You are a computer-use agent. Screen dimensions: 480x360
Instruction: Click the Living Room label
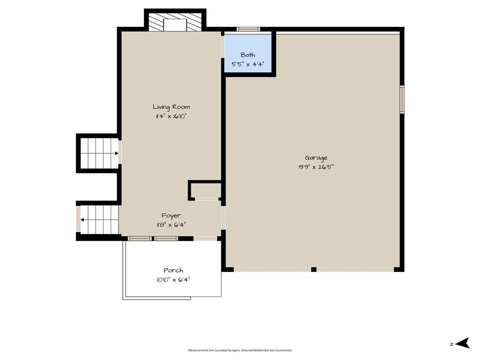click(x=172, y=107)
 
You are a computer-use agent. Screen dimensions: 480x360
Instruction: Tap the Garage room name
click(x=316, y=157)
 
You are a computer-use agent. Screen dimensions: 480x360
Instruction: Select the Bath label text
click(x=247, y=55)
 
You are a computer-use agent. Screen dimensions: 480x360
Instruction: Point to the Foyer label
click(x=171, y=216)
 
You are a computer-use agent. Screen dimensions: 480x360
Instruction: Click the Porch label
click(x=173, y=270)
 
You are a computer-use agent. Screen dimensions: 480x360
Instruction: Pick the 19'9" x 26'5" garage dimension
click(x=316, y=167)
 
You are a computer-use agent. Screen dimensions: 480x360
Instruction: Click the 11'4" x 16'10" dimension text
click(x=171, y=116)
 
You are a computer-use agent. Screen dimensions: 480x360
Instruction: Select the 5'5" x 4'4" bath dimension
click(x=247, y=64)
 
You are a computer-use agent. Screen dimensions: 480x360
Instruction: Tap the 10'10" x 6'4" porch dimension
click(x=173, y=280)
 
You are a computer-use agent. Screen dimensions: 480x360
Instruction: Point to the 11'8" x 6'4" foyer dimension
click(x=171, y=225)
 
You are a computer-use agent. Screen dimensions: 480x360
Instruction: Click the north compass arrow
click(x=463, y=343)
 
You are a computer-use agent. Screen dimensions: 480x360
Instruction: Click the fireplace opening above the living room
click(x=175, y=25)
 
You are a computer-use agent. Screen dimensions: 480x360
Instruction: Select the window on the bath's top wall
click(x=248, y=29)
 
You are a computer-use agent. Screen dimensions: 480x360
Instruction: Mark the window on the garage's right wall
click(x=402, y=99)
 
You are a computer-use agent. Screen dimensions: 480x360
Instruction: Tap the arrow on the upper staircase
click(x=116, y=153)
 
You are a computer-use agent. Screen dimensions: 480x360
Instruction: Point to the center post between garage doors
click(x=314, y=270)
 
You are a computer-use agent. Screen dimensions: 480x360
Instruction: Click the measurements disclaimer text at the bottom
click(x=240, y=350)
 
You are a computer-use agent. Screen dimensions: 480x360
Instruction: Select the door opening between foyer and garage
click(x=224, y=217)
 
